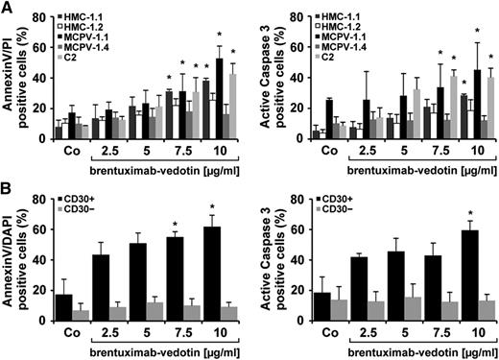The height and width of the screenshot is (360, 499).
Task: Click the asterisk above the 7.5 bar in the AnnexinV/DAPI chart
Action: pos(179,252)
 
